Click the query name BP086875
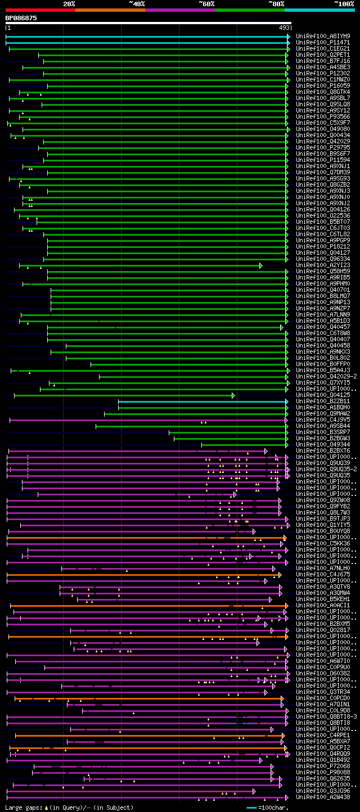(21, 18)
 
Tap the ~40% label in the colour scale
(137, 3)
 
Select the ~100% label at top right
(344, 3)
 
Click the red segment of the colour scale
(40, 10)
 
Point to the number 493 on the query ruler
(284, 28)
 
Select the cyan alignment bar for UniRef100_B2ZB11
(202, 401)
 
